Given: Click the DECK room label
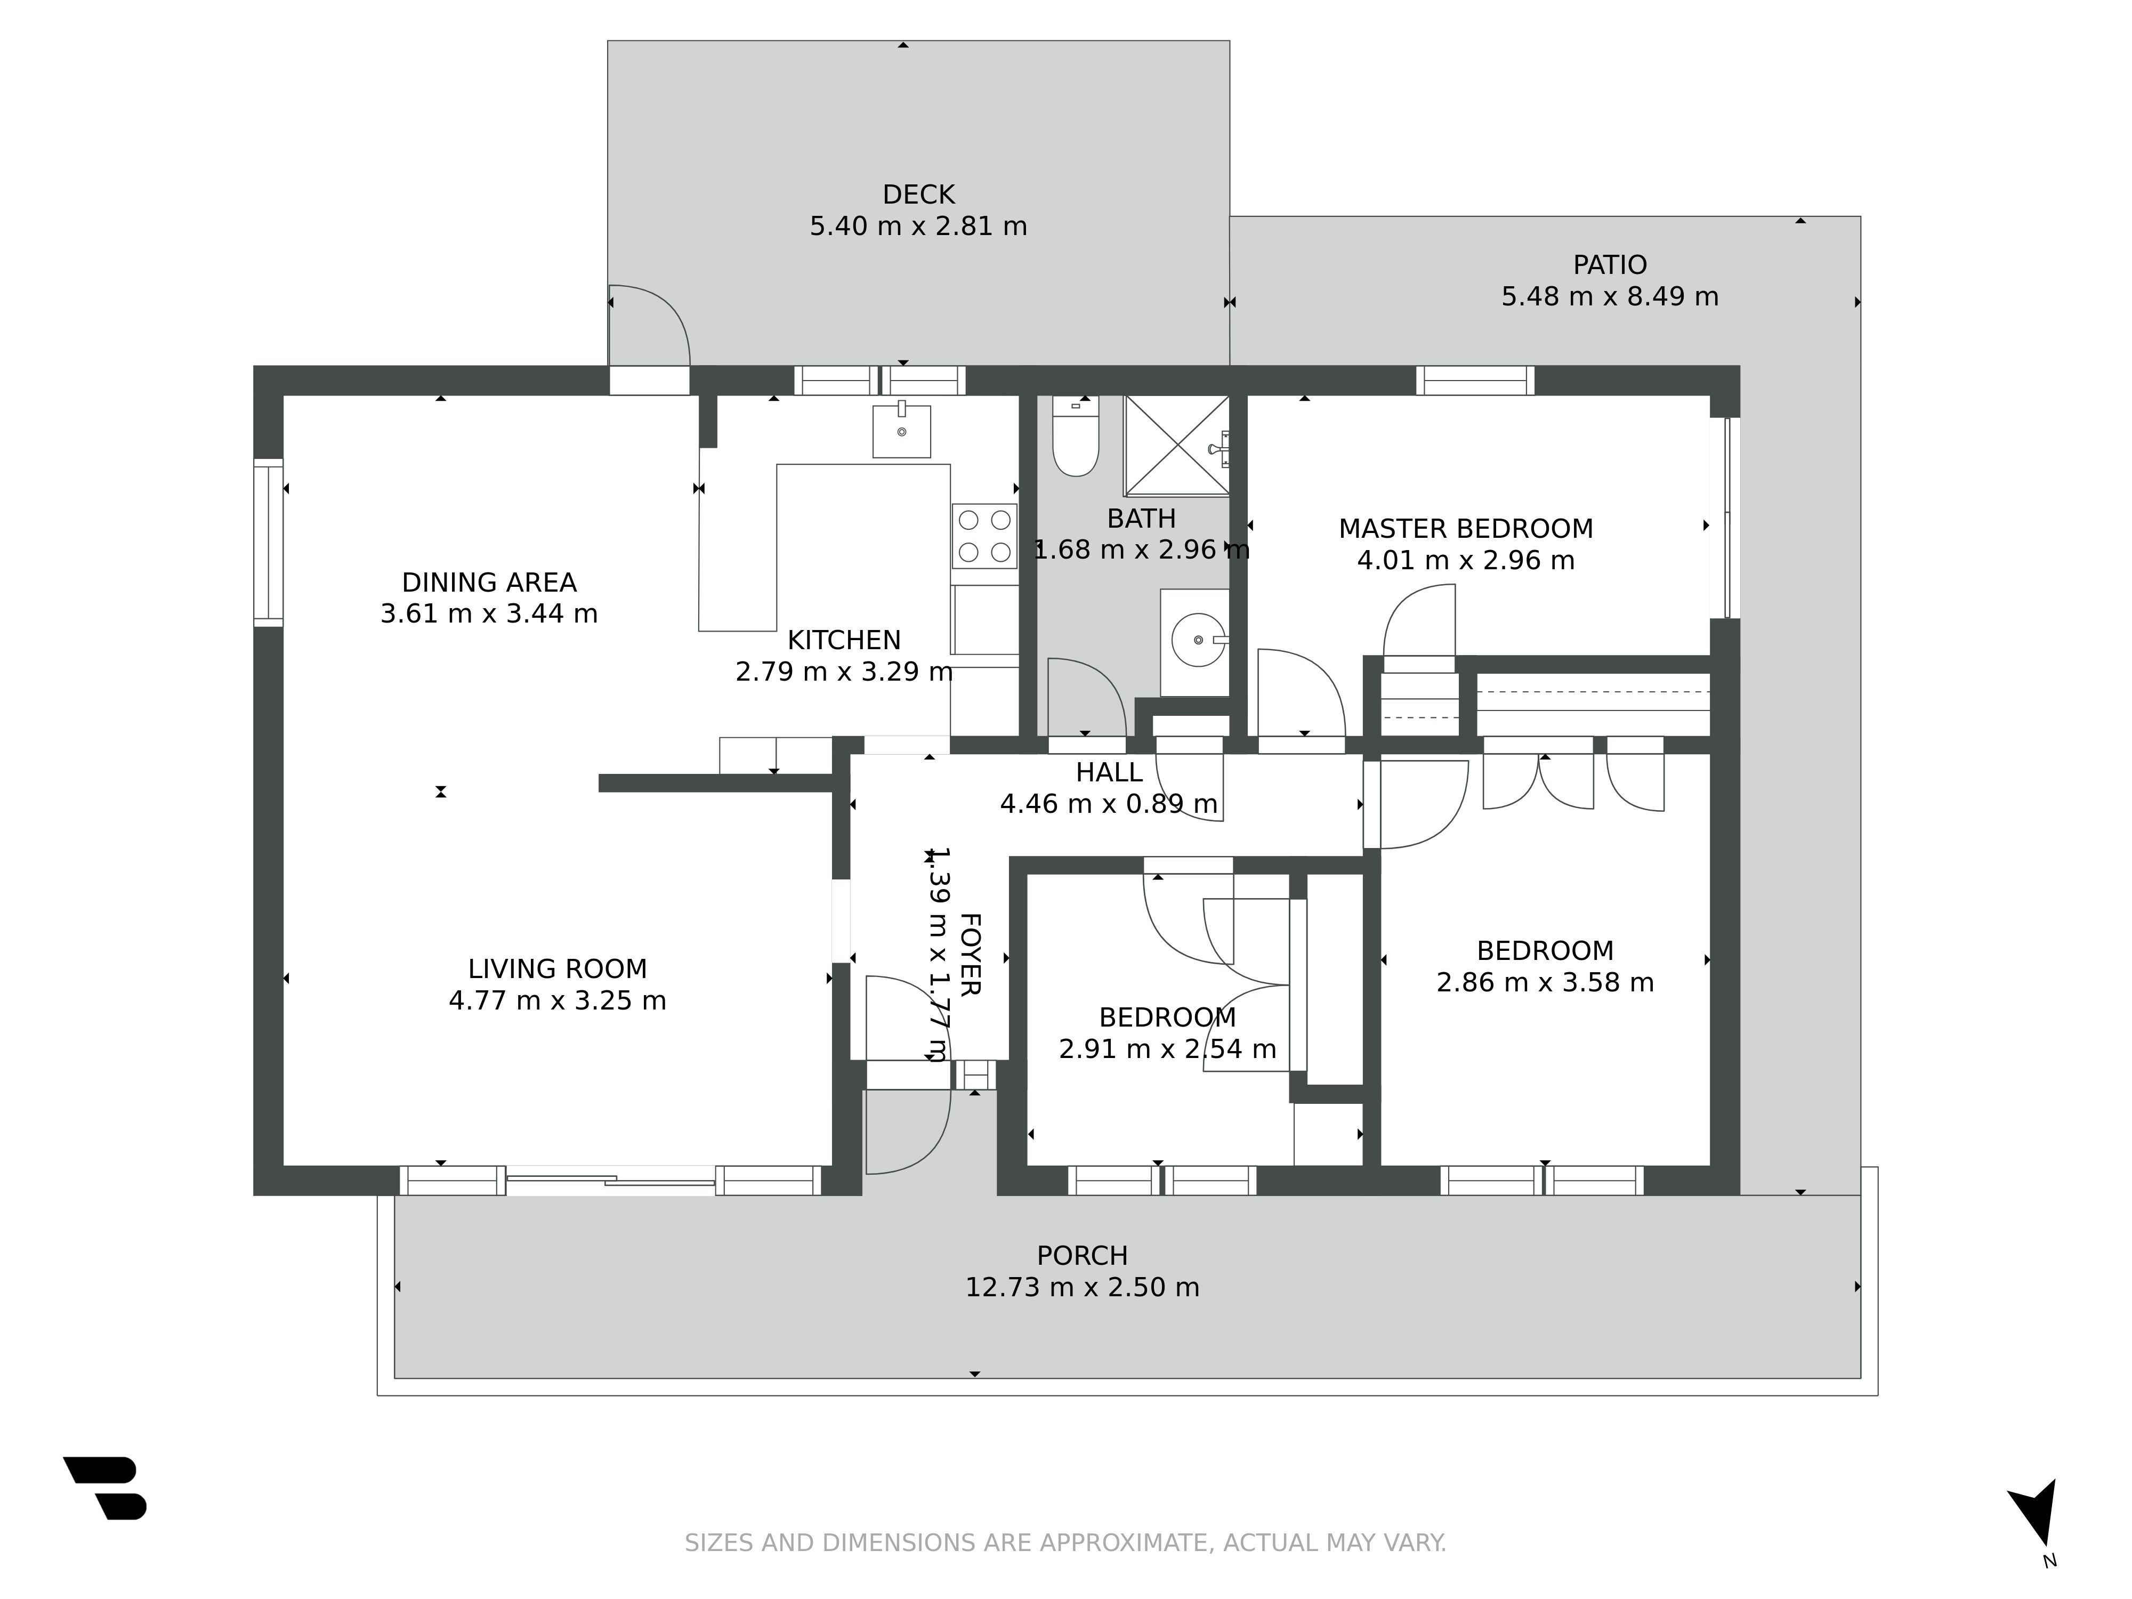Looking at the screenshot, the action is (x=918, y=195).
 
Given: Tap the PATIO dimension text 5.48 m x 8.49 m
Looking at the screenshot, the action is (x=1610, y=296).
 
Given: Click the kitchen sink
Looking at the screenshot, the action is (x=902, y=430).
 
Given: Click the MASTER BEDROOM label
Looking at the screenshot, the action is (x=1466, y=529).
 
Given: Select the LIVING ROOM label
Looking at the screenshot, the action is (x=557, y=968).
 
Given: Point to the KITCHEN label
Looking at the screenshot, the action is (x=844, y=640).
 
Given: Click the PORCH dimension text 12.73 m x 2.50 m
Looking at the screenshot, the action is (x=1083, y=1288).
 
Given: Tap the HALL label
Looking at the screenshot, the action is (x=1109, y=772).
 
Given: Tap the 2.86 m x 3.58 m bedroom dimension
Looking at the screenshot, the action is (x=1545, y=982).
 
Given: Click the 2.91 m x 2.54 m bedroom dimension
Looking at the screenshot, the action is (x=1167, y=1048).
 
